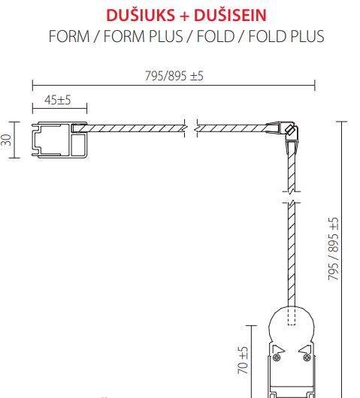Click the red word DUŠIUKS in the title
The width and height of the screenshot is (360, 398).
[141, 15]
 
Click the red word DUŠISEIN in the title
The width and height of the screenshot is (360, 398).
[230, 15]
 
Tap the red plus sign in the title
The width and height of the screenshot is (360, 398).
[184, 16]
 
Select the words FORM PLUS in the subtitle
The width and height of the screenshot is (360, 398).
[143, 36]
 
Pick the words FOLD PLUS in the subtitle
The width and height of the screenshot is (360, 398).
[286, 36]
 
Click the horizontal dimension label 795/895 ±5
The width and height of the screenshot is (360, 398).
[174, 76]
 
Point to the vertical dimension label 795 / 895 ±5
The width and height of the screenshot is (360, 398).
[334, 249]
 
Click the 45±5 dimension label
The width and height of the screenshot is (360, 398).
[58, 100]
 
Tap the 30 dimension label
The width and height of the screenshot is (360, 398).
[6, 140]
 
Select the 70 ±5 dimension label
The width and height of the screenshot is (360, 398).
[243, 360]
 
